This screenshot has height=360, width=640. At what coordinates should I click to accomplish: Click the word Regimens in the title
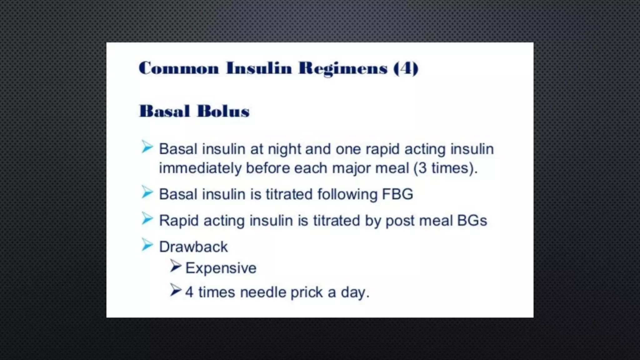(x=343, y=68)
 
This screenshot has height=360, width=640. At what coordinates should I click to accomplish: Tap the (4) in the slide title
(x=406, y=68)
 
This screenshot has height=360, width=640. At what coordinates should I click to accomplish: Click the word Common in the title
(x=179, y=68)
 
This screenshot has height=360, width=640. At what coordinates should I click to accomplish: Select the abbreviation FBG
(x=397, y=194)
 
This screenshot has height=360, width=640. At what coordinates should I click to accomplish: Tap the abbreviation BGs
(x=472, y=221)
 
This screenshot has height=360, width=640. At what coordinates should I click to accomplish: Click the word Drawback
(x=193, y=247)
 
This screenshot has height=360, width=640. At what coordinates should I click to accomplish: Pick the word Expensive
(x=221, y=268)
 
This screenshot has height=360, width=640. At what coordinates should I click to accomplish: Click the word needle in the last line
(x=263, y=292)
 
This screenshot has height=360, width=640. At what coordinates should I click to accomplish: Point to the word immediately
(x=200, y=168)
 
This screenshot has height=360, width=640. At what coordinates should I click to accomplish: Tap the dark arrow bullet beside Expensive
(x=176, y=266)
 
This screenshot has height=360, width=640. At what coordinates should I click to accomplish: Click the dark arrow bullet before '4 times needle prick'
(x=176, y=290)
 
